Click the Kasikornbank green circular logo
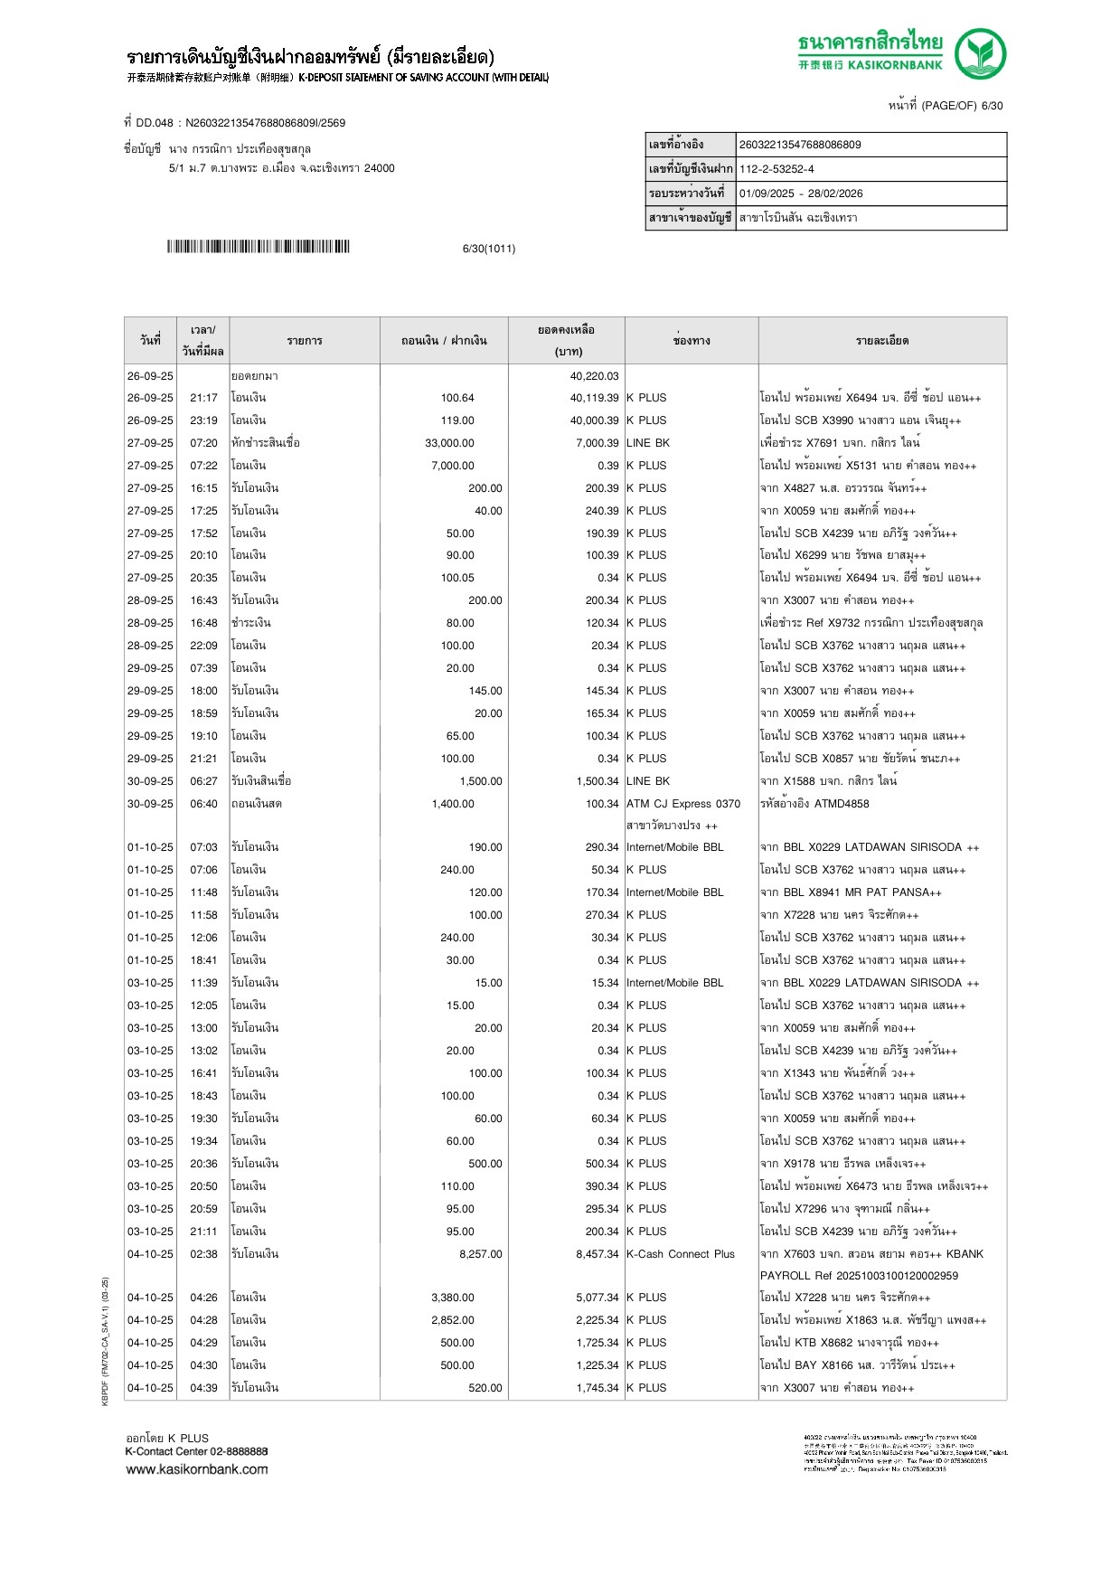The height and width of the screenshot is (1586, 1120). pos(980,52)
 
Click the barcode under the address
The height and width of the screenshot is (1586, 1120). pos(258,247)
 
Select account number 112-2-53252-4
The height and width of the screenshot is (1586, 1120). pos(776,169)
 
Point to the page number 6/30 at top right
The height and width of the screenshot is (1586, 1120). pos(992,106)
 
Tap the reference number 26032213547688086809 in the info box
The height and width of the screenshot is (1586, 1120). pos(800,145)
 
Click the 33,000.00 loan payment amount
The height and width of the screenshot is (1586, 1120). pos(449,443)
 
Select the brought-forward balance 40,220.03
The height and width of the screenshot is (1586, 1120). pos(594,376)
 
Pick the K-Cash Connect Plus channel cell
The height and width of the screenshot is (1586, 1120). pos(681,1254)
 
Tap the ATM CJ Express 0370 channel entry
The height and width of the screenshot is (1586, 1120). pos(683,804)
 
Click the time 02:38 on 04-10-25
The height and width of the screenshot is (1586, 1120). pos(203,1254)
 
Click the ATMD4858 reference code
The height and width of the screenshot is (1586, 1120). pos(842,804)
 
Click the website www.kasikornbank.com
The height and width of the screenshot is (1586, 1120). pos(197,1469)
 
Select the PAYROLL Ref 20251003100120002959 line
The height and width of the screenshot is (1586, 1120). pos(859,1276)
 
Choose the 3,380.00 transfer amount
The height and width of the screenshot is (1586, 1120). pos(452,1298)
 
